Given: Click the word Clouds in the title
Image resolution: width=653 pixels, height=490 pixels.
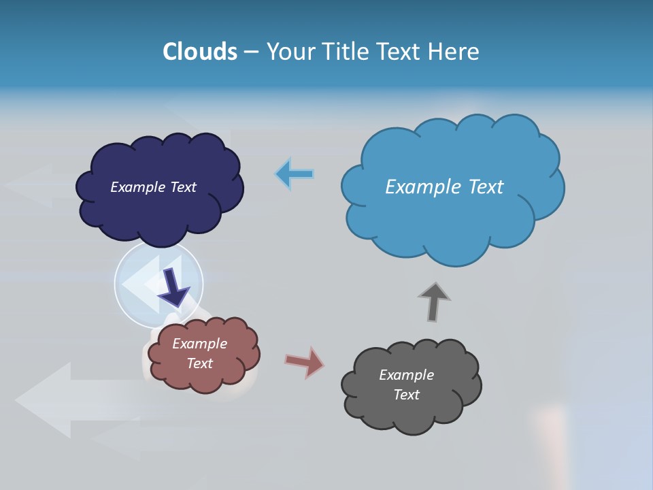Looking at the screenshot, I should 200,52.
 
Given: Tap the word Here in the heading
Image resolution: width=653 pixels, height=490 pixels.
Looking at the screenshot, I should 454,52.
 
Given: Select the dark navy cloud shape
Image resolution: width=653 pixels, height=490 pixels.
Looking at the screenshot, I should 159,211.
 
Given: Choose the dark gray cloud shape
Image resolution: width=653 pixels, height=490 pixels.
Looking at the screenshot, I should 408,415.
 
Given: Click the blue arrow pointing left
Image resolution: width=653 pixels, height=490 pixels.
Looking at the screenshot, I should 294,174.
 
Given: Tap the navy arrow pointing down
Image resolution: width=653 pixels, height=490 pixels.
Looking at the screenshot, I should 174,287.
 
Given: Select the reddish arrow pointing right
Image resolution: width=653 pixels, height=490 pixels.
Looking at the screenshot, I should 304,362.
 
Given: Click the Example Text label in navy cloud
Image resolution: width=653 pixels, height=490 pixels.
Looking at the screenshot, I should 153,187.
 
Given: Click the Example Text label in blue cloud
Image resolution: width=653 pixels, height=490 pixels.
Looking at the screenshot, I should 444,187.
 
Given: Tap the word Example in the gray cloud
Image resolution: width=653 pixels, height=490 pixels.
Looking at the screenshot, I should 406,375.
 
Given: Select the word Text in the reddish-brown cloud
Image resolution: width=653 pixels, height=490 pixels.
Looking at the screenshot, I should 200,363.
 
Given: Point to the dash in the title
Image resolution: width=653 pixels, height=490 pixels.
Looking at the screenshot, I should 250,52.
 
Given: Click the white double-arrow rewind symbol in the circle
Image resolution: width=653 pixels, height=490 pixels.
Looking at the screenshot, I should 143,279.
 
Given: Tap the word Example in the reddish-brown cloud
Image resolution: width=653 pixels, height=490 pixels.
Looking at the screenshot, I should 200,344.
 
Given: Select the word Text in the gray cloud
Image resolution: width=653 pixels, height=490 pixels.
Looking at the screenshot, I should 406,395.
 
